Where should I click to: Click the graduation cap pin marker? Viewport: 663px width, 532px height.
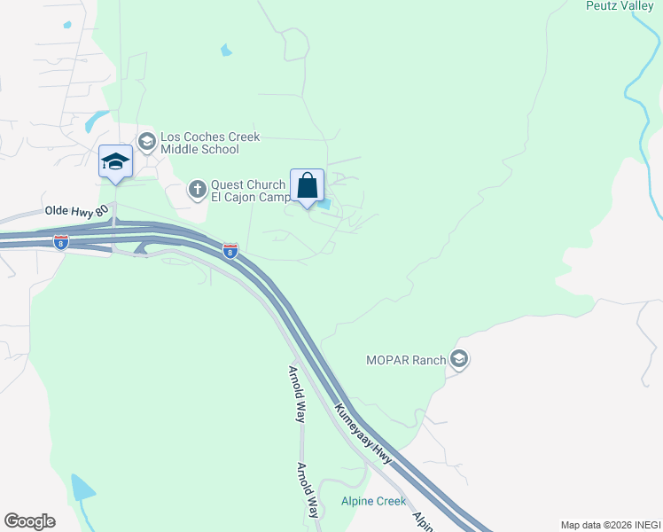(115, 161)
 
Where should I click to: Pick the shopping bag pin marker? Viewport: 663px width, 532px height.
(307, 186)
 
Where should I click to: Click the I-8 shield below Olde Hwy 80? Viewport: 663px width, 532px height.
(60, 242)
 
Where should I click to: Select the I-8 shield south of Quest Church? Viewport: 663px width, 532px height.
(230, 251)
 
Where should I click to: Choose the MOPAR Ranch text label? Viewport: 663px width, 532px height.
(406, 361)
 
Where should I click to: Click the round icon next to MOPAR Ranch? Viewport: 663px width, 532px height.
(459, 359)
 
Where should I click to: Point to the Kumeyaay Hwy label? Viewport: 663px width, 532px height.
(363, 434)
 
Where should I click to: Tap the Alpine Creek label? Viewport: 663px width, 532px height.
(373, 501)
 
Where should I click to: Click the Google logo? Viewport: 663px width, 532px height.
(29, 521)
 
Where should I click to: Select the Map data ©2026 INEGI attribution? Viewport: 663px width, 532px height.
(611, 525)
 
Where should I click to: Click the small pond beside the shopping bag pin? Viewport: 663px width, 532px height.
(326, 205)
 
